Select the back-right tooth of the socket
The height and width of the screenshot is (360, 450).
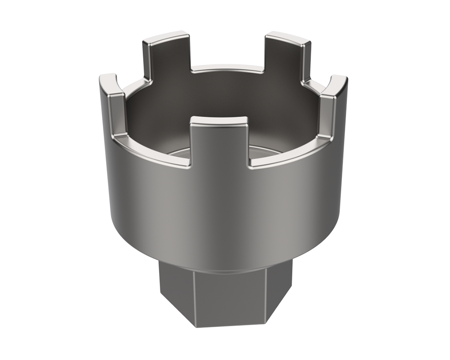[x=284, y=57]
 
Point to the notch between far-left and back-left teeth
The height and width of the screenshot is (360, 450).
[x=132, y=84]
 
